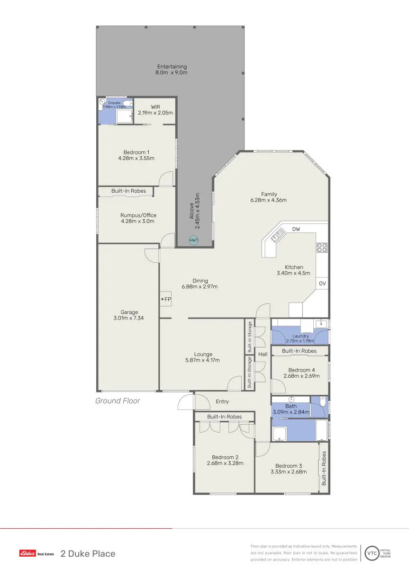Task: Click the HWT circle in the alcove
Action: tap(193, 240)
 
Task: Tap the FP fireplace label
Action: tap(168, 299)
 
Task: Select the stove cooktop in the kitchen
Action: tap(322, 248)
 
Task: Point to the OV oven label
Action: tap(322, 284)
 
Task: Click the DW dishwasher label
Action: tap(296, 229)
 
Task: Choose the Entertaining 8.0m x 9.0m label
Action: tap(172, 70)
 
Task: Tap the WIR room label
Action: tap(155, 107)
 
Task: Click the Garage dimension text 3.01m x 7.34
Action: tap(128, 318)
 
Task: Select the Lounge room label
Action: tap(203, 354)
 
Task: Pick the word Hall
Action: tap(263, 354)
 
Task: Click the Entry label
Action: tap(222, 401)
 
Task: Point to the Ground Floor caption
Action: tap(118, 400)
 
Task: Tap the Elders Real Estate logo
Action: tap(36, 553)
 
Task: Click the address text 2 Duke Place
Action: tap(88, 553)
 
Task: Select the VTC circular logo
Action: tap(372, 553)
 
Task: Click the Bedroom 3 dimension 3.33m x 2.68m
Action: tap(289, 471)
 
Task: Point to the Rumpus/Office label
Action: tap(138, 215)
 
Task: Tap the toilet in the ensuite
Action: tap(128, 104)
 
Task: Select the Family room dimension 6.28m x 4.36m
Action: tap(268, 200)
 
